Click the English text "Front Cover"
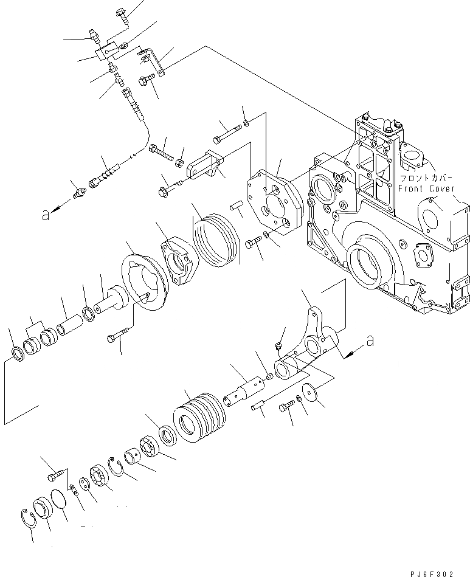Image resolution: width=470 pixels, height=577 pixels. click(426, 188)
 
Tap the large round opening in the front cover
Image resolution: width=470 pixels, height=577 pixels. click(366, 263)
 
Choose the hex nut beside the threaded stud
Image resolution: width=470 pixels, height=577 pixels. click(179, 163)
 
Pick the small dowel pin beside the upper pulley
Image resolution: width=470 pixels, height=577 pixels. click(237, 209)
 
